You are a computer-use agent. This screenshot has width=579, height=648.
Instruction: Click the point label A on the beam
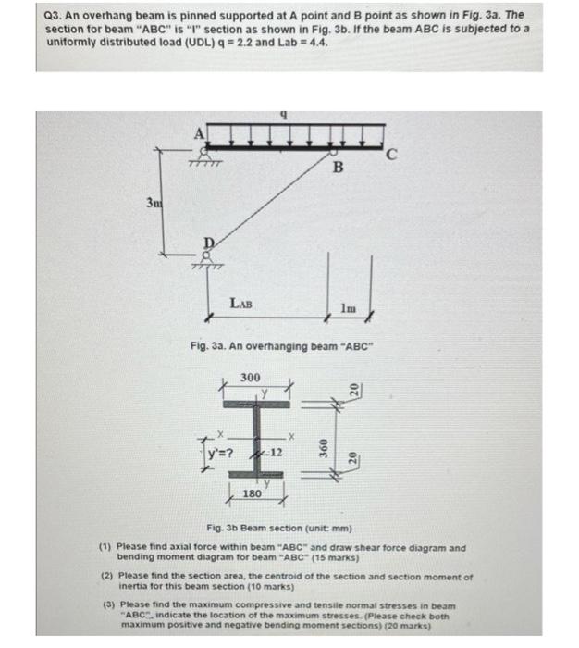pyautogui.click(x=197, y=132)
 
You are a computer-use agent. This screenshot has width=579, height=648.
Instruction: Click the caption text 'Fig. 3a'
pyautogui.click(x=207, y=345)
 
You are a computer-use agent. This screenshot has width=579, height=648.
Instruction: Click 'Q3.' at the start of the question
pyautogui.click(x=53, y=16)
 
